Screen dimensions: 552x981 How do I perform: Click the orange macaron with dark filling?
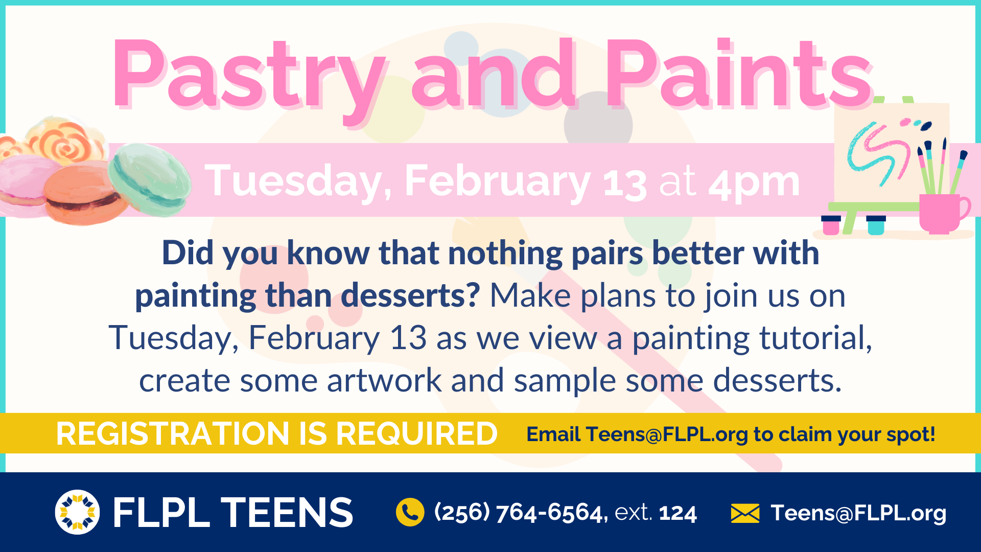click(x=84, y=194)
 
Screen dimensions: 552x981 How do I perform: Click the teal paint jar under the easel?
click(x=876, y=225)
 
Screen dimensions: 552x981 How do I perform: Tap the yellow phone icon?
click(x=410, y=512)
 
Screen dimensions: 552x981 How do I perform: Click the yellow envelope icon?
click(x=745, y=513)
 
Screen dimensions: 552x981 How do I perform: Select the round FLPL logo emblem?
click(x=77, y=512)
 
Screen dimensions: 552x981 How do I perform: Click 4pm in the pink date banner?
click(x=754, y=182)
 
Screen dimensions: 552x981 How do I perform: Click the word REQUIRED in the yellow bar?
click(x=416, y=434)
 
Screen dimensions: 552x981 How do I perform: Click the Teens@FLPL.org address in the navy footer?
click(x=858, y=513)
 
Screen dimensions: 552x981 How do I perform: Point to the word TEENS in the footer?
click(x=286, y=513)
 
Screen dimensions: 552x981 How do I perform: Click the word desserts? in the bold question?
click(x=410, y=296)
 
